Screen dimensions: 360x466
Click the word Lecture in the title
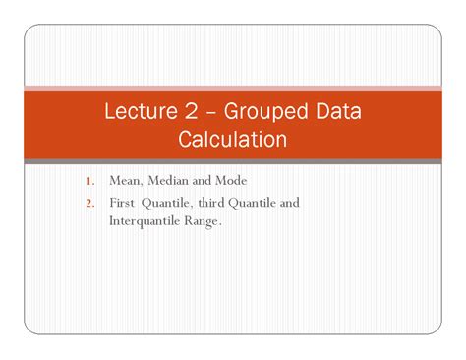pos(140,112)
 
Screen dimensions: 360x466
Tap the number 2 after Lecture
pos(195,112)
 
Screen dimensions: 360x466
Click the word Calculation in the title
pos(233,140)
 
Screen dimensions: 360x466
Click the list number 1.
pos(88,182)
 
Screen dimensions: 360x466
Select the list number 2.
pos(88,203)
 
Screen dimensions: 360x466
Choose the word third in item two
pos(208,203)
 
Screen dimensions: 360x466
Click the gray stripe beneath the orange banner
pos(233,161)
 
